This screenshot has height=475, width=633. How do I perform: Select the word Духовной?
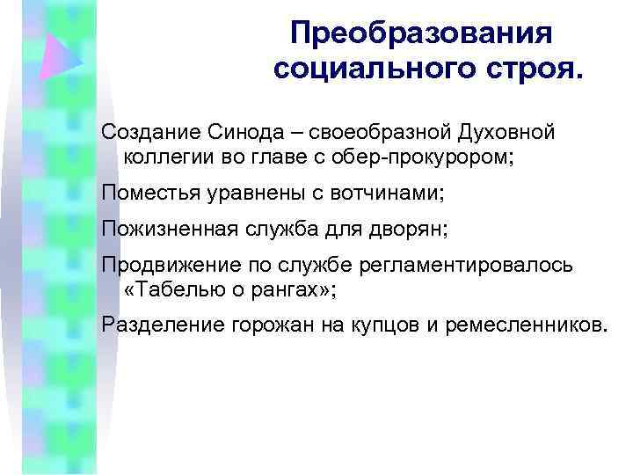[506, 132]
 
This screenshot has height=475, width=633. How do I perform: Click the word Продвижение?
[158, 266]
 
